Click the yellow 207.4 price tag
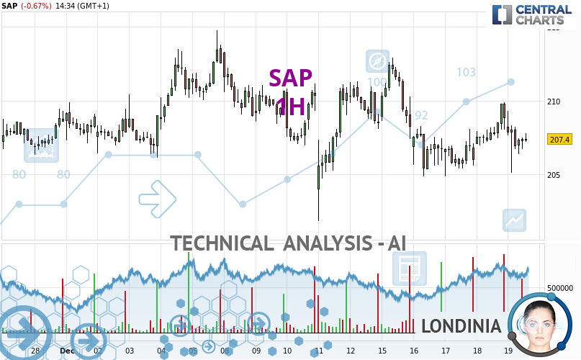click(559, 140)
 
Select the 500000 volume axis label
click(559, 288)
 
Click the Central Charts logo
click(533, 14)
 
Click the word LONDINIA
click(461, 326)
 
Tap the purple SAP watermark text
click(291, 78)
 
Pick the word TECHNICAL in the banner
click(222, 243)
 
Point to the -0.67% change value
click(36, 6)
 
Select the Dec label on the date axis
click(67, 351)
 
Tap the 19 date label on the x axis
click(508, 351)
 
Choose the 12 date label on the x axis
click(351, 351)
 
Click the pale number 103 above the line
click(466, 72)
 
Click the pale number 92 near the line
click(420, 115)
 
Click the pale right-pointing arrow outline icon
click(157, 199)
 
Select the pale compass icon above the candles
click(377, 61)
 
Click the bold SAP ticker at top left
click(9, 6)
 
